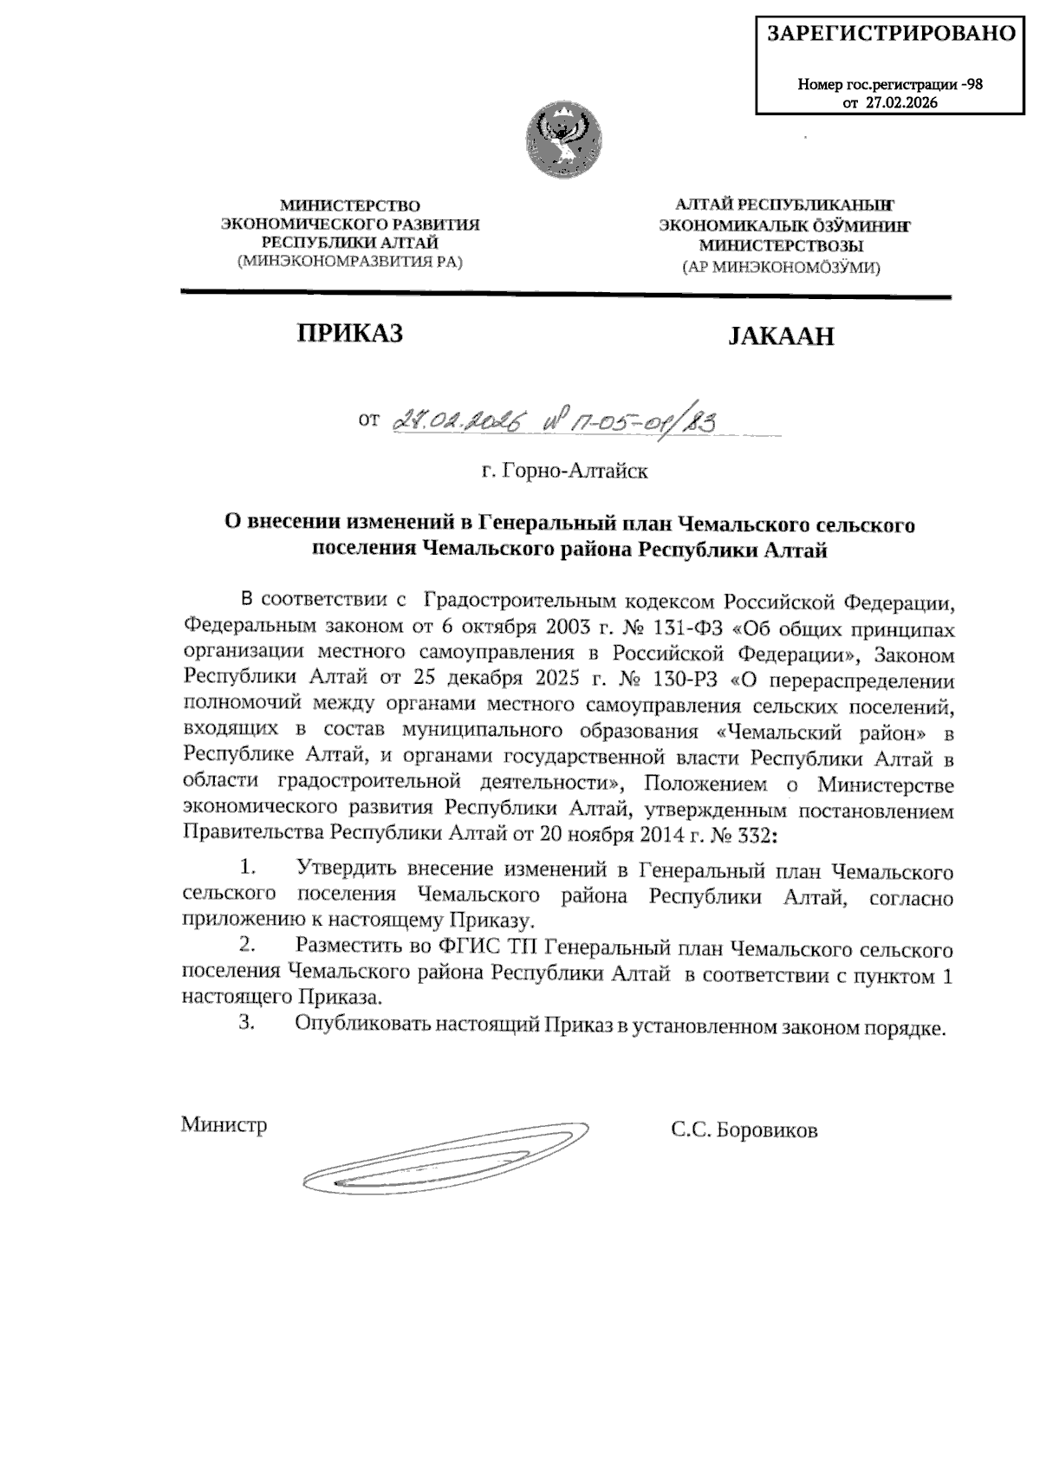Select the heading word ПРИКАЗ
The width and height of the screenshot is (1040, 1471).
[x=350, y=334]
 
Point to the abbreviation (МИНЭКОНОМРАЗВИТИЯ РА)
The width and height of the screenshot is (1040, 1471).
[x=350, y=261]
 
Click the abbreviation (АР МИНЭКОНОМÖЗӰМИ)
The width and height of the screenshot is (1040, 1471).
[x=781, y=268]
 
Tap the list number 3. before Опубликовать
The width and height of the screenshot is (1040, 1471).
[x=247, y=1024]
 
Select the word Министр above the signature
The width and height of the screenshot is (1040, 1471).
[x=224, y=1125]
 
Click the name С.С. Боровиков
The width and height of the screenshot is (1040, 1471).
[x=743, y=1130]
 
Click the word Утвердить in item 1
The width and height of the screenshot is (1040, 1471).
[x=347, y=869]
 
